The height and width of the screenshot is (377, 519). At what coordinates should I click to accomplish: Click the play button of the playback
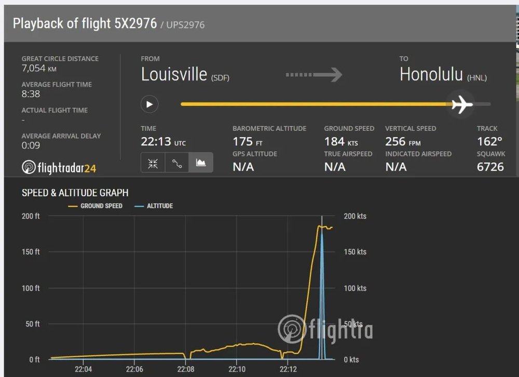[x=149, y=104]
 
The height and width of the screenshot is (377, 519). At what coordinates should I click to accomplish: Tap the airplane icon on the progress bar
[x=461, y=104]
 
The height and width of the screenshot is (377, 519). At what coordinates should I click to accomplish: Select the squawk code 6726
[x=490, y=167]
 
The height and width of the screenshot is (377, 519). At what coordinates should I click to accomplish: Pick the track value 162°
[x=489, y=141]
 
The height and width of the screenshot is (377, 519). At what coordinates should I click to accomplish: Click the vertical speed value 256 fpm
[x=402, y=141]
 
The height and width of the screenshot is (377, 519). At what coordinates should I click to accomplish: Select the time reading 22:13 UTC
[x=163, y=141]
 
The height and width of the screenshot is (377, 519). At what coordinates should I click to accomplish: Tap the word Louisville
[x=174, y=74]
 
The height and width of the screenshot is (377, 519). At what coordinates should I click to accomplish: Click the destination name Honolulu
[x=431, y=74]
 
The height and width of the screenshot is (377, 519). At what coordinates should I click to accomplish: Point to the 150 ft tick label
[x=30, y=252]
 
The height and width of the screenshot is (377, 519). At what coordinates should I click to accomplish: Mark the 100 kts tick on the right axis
[x=354, y=288]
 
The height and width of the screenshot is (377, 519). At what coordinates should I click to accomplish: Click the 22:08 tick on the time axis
[x=185, y=369]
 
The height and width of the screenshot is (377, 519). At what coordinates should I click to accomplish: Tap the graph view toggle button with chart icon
[x=200, y=163]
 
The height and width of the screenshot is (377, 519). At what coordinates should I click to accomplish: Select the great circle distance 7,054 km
[x=39, y=69]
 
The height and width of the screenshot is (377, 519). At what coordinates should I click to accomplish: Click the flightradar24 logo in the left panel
[x=59, y=168]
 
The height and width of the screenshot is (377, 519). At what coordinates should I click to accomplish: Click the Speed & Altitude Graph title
[x=75, y=193]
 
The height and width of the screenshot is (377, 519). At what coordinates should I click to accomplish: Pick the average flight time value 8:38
[x=31, y=94]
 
